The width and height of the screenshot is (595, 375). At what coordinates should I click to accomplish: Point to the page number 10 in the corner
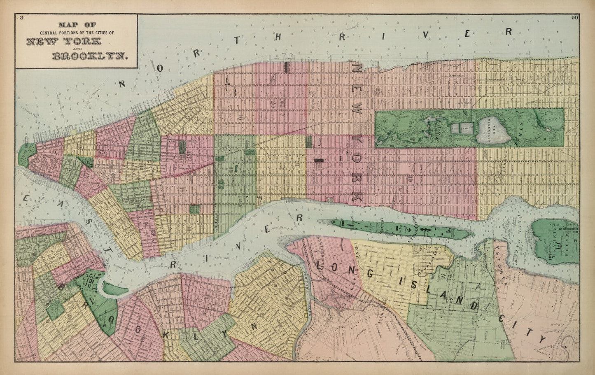tap(574, 17)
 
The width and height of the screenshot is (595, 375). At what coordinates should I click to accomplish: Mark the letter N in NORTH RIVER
tap(122, 84)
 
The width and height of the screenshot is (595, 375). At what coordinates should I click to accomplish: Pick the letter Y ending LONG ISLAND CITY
tap(544, 340)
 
